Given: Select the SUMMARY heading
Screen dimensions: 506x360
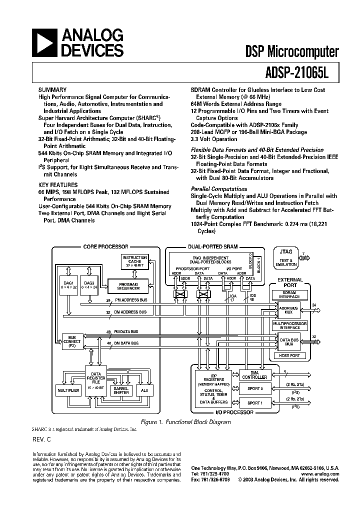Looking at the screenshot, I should click(x=52, y=89).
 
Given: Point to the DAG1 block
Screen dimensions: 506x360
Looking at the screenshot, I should click(x=68, y=285).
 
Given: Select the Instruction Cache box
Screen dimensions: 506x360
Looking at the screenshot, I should click(x=131, y=261).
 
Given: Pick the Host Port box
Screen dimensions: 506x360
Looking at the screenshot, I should click(x=289, y=355).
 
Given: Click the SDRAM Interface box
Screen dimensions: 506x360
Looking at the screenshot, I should click(x=289, y=295).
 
